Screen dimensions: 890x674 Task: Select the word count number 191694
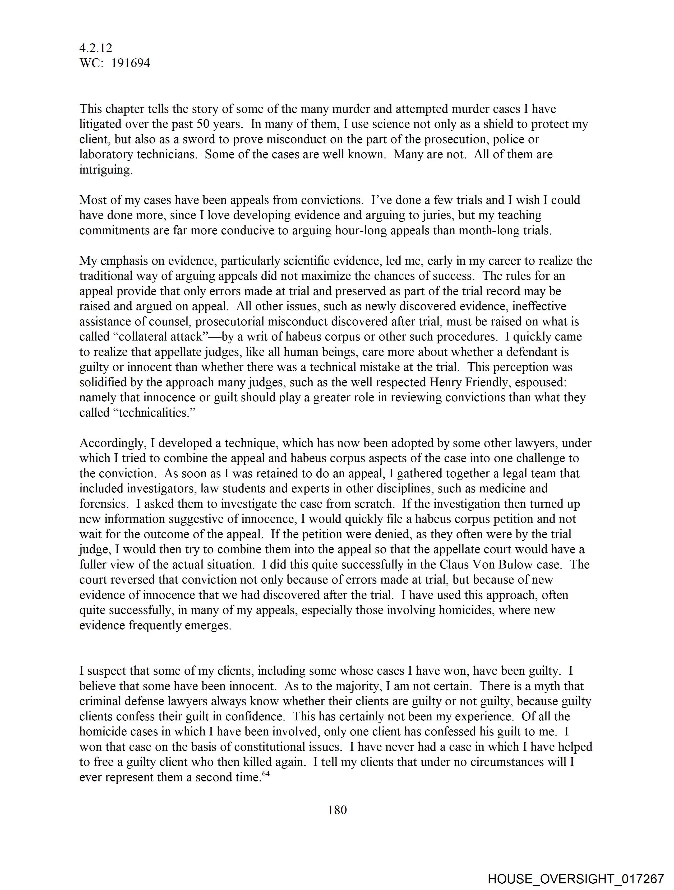tap(131, 63)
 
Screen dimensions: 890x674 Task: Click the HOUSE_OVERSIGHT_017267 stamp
tap(575, 879)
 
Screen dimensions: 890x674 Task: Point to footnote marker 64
tap(265, 774)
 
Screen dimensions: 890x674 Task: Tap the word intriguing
tap(105, 170)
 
